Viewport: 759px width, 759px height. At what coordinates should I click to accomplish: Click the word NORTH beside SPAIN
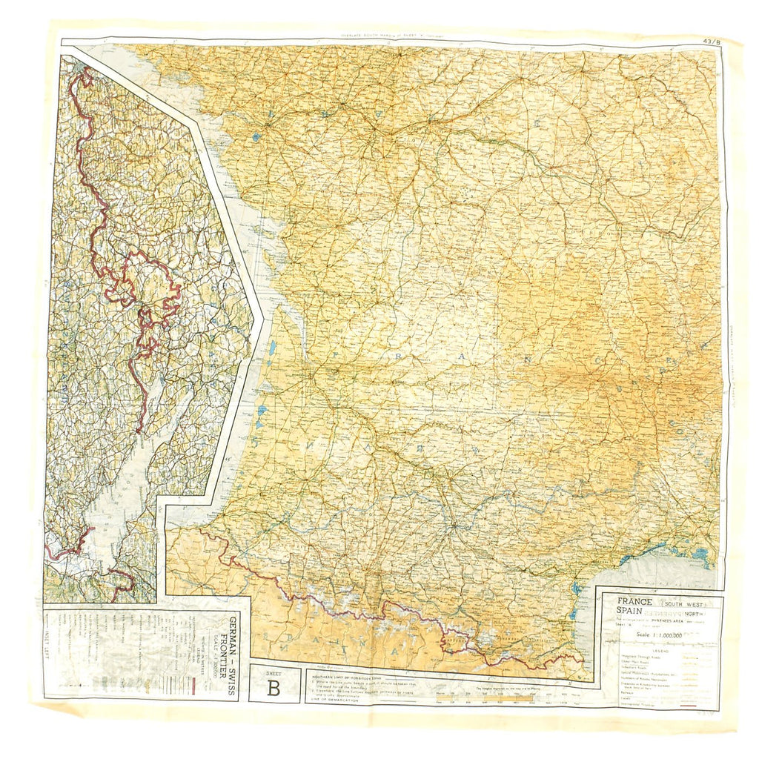coord(692,612)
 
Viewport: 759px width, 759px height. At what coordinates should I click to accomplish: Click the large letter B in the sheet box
coord(274,687)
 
